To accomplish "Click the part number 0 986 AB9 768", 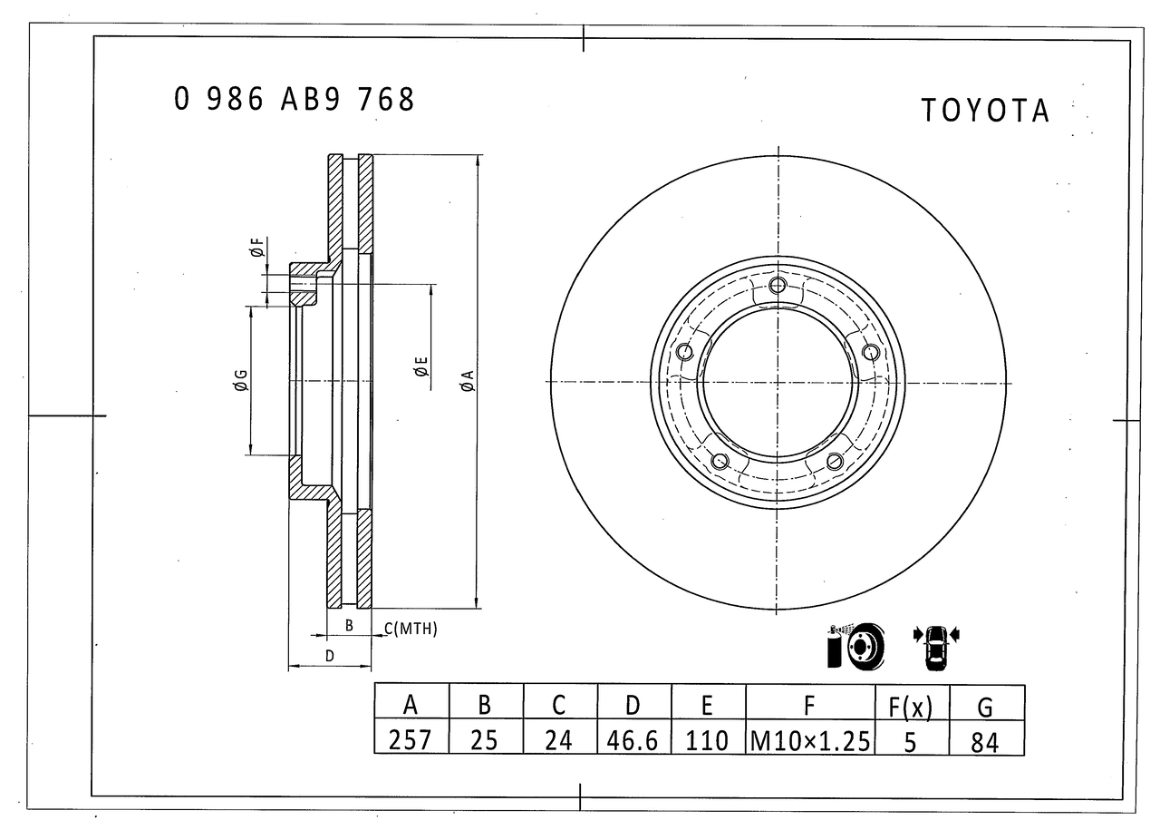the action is (295, 99).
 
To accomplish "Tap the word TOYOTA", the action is (985, 111).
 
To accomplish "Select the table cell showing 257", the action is (410, 739).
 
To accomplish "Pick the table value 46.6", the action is (633, 740).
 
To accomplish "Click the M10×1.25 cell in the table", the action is (810, 740).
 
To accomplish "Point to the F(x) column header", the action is (911, 706).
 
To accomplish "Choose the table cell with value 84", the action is (984, 742).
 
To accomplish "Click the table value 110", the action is (707, 740).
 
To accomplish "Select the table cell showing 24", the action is (558, 740).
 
